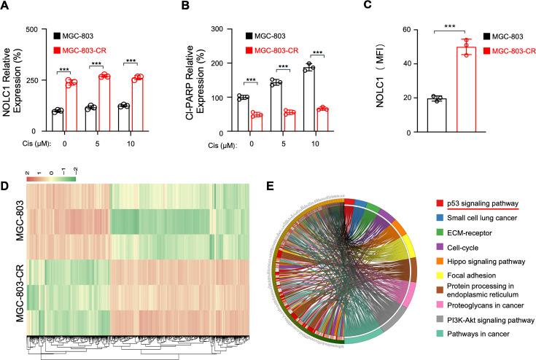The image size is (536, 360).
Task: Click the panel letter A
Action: [x=5, y=10]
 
